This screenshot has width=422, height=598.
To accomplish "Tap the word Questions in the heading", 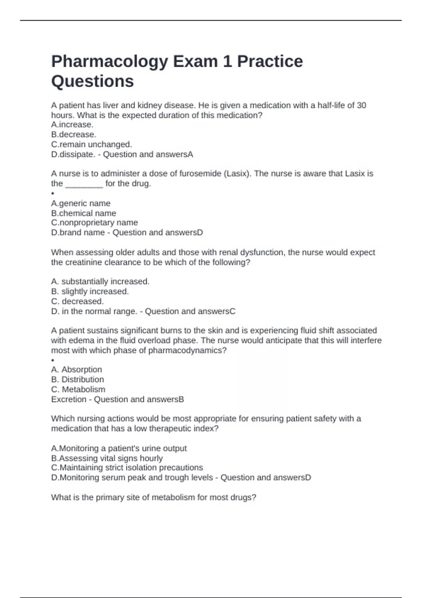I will (x=92, y=81).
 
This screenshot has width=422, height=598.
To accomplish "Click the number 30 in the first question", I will (x=361, y=106).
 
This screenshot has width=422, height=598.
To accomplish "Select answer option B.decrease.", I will (x=73, y=135).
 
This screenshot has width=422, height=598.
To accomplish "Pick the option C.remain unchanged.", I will (x=91, y=145).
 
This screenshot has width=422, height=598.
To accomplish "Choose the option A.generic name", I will (x=81, y=203).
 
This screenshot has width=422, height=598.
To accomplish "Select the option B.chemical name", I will (x=83, y=213).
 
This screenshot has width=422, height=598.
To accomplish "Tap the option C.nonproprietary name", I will (x=94, y=223).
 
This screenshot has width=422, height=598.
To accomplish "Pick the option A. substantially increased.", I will (x=100, y=282).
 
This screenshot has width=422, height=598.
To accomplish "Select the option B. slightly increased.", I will (x=90, y=292).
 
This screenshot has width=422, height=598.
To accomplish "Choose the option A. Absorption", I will (x=76, y=370).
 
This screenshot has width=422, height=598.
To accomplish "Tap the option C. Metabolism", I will (x=78, y=389).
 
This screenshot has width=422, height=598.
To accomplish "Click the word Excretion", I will (x=69, y=400).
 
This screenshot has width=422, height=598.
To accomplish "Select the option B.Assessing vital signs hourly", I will (x=107, y=458).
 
